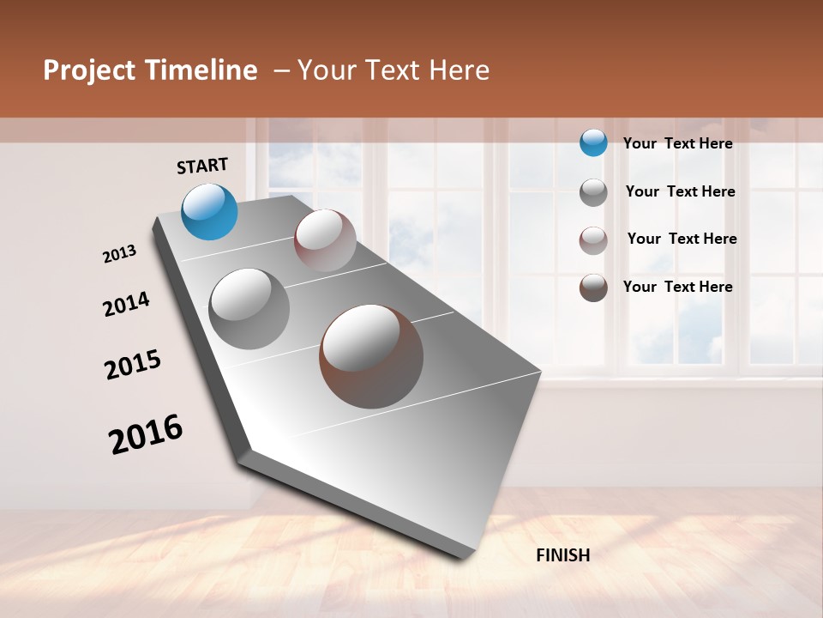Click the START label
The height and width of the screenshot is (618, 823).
[202, 166]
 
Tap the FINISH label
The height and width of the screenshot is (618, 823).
[562, 555]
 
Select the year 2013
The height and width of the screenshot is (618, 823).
[120, 254]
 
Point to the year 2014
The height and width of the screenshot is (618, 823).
[127, 304]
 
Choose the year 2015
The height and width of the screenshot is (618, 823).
[133, 365]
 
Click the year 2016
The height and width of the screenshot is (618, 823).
[146, 434]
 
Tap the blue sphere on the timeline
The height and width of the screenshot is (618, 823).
[210, 211]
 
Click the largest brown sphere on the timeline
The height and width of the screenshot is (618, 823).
[371, 355]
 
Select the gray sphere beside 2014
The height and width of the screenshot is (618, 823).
[249, 308]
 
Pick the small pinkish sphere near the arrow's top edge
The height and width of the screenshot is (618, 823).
[325, 240]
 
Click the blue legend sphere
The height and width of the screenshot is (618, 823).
[593, 142]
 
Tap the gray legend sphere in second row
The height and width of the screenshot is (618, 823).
[593, 192]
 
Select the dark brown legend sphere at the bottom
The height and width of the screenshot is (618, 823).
[593, 288]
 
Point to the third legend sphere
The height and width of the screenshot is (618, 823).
[593, 240]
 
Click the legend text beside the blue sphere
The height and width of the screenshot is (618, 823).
[677, 143]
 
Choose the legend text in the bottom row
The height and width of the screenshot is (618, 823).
[677, 287]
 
